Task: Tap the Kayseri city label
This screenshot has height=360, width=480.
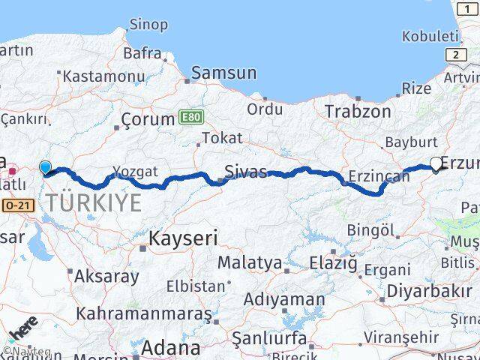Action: coord(183,239)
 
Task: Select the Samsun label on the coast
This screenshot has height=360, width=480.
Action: coord(223,73)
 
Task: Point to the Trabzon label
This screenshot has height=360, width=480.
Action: coord(358,111)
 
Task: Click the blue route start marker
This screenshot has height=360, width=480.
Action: coord(45,168)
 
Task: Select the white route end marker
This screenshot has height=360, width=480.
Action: coord(436,162)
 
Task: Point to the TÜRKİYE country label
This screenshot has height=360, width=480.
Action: coord(94,202)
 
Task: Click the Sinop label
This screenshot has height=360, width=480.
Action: coord(148,25)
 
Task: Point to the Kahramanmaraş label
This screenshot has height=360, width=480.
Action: coord(144,314)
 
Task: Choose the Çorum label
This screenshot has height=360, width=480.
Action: coord(146,119)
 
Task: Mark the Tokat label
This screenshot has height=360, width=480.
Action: coord(222,138)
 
